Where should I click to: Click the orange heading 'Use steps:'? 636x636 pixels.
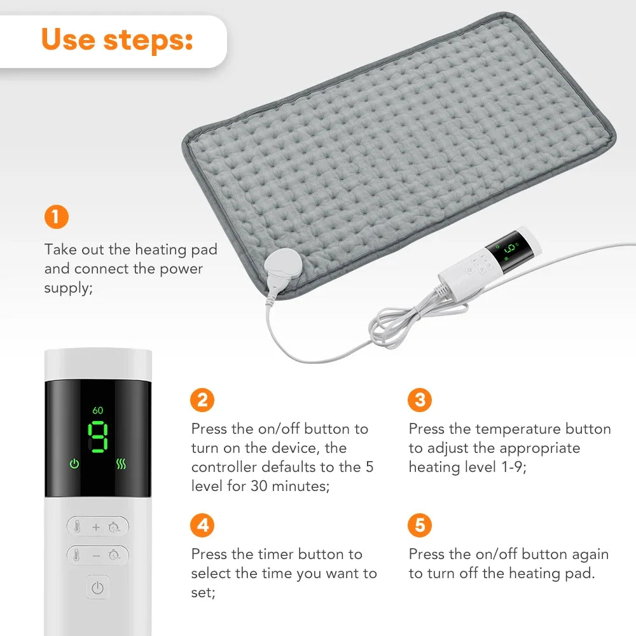click(x=117, y=39)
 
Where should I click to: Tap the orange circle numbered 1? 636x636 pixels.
click(x=56, y=218)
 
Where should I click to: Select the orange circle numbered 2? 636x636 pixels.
click(x=202, y=400)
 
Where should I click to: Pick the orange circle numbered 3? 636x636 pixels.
click(x=420, y=400)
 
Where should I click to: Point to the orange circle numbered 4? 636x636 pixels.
click(x=202, y=525)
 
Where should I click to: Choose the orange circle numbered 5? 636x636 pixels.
click(x=420, y=525)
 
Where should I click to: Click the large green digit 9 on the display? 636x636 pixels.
click(x=98, y=437)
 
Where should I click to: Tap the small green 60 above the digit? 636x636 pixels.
click(x=98, y=410)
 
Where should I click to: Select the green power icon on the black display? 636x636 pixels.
click(x=74, y=464)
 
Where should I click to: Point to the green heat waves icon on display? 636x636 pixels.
click(x=121, y=464)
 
